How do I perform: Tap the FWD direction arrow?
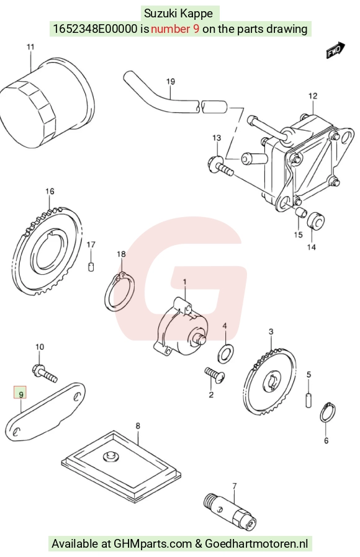(x=336, y=50)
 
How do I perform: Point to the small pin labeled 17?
(x=91, y=266)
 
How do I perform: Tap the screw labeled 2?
(x=216, y=376)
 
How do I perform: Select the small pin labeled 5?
(x=309, y=399)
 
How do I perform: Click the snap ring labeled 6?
(x=328, y=412)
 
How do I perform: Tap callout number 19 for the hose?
(x=171, y=81)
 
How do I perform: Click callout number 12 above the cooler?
(x=313, y=96)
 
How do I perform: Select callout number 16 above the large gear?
(x=50, y=191)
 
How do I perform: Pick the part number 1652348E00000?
(x=95, y=29)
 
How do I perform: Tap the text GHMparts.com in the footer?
(x=153, y=544)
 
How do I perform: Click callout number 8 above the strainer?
(x=138, y=426)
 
